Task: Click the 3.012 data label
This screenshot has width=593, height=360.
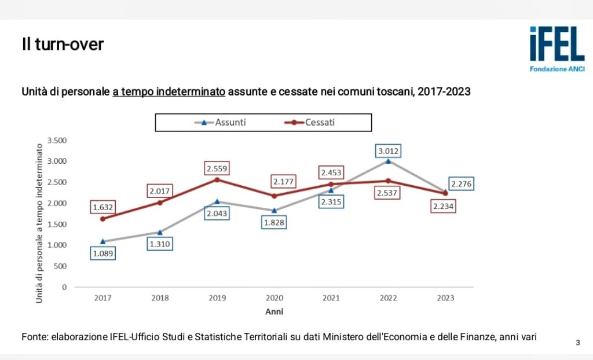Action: coord(388,152)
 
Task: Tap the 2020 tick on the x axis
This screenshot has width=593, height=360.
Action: coord(274,298)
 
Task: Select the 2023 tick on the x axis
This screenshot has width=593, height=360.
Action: coord(445,298)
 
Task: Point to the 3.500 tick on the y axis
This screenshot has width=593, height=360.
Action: coord(56,140)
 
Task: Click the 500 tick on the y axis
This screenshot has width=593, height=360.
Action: coord(60,266)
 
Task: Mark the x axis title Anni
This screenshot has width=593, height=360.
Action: coord(274,311)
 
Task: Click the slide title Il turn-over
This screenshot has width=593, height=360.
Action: coord(62,44)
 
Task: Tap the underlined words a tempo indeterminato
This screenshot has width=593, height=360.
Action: coord(169,91)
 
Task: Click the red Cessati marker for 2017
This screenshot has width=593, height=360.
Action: coord(103,219)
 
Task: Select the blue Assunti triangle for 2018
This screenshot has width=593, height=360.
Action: coord(160,232)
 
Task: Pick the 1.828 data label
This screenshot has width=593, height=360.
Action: coord(274,222)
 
